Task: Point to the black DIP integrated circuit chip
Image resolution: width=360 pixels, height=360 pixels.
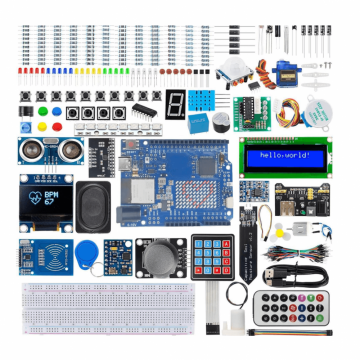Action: (146, 109)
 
